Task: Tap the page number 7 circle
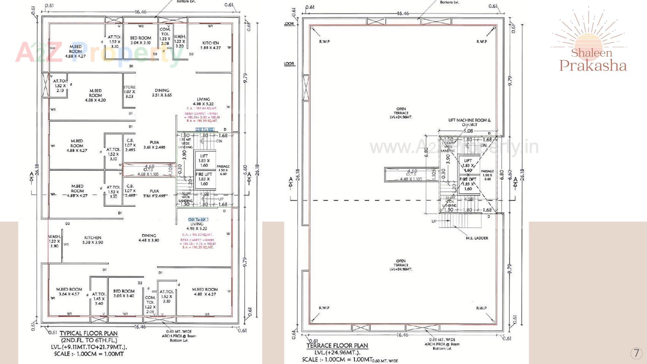(636, 353)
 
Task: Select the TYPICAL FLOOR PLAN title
(89, 333)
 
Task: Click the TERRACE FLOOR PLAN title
(337, 345)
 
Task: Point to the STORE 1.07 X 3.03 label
(129, 92)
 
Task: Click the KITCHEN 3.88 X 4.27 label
(211, 45)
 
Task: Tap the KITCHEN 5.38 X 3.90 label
(93, 240)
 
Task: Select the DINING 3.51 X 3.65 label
(162, 93)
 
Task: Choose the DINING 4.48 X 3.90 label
(149, 238)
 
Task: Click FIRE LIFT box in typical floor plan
(204, 179)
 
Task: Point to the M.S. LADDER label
(477, 238)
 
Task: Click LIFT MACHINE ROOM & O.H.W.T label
(469, 122)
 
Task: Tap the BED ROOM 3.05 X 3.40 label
(124, 293)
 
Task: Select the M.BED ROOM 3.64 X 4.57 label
(69, 292)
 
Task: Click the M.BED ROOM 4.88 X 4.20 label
(95, 95)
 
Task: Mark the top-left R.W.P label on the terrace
(324, 41)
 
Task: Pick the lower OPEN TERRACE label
(401, 265)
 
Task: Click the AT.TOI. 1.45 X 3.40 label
(99, 299)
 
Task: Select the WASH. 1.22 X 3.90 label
(54, 241)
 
